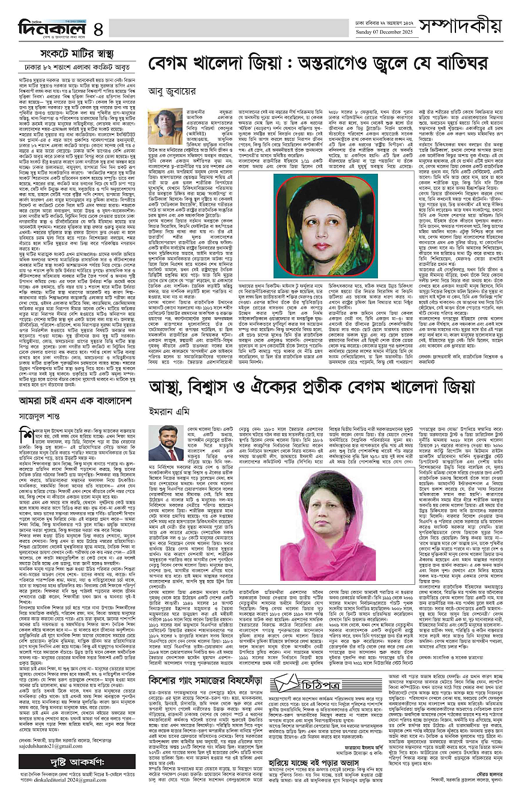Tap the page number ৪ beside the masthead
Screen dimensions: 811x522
pyautogui.click(x=98, y=28)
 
